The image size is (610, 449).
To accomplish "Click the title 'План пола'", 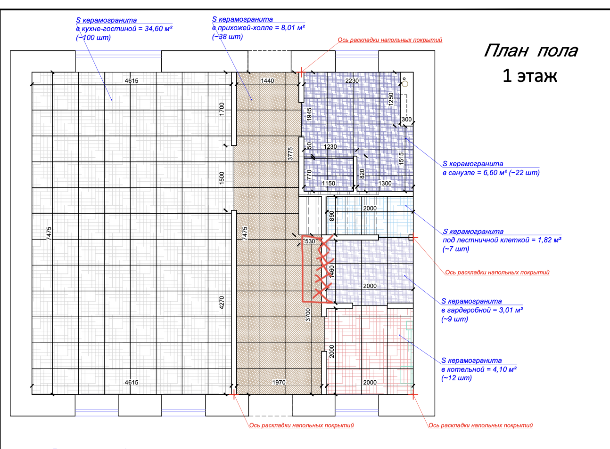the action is (531, 51).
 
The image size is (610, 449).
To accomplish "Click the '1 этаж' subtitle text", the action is (530, 76).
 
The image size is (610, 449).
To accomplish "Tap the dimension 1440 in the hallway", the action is (267, 81).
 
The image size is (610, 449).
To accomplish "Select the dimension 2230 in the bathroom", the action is (352, 81).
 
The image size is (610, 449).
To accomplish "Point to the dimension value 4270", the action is (222, 303).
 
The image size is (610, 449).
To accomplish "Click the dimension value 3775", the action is (290, 153).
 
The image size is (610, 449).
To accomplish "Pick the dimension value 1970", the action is (279, 382).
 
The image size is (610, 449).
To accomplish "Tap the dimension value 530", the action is (310, 241).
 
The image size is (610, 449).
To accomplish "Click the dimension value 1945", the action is (309, 114).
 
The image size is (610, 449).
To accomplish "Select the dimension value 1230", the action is (330, 146).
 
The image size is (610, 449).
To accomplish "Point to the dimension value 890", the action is (331, 216).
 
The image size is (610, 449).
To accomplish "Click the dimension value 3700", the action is (308, 315).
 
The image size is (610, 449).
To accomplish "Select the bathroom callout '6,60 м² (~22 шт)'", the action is (511, 173).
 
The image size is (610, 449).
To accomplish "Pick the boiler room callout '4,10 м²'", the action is (504, 369).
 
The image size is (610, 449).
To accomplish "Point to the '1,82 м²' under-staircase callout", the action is (549, 240).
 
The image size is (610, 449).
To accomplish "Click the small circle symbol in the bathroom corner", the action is (405, 84).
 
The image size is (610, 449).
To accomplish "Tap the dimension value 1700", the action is (222, 109).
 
